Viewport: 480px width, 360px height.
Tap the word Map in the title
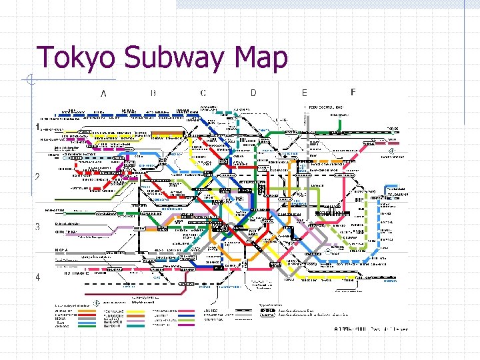coord(261,58)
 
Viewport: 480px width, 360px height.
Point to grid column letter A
coord(104,93)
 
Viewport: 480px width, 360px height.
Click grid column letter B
coord(153,93)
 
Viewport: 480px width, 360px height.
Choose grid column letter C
coord(203,93)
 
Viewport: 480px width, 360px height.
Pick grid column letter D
coord(253,93)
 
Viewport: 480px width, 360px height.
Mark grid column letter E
coord(304,93)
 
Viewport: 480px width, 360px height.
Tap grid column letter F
coord(353,91)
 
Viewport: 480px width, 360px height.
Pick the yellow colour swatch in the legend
coord(137,311)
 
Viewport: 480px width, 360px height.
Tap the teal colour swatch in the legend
coord(137,326)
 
